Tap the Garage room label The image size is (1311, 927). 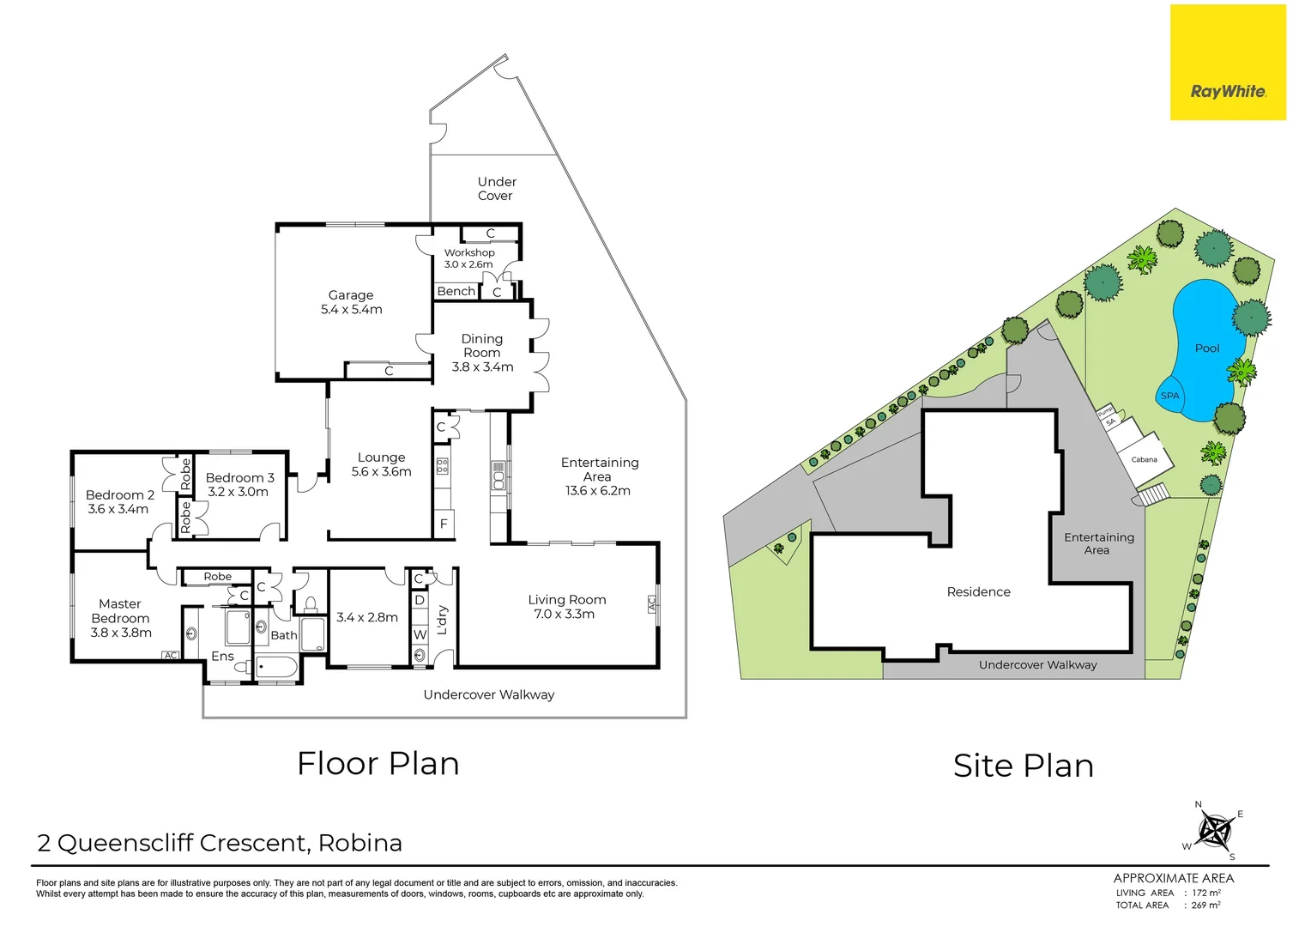351,302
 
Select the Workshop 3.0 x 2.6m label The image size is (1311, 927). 469,258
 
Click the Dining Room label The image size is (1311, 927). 482,353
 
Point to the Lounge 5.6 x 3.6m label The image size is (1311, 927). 381,464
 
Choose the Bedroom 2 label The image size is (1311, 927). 119,502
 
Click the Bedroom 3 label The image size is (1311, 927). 239,485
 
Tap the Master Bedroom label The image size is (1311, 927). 120,618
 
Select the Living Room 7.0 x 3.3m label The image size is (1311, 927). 566,607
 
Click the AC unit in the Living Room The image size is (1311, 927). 652,604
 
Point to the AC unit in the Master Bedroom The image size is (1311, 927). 171,655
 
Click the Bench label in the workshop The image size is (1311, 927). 456,292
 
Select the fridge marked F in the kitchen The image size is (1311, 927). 444,524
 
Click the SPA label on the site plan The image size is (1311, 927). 1169,396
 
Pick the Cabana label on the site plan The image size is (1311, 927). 1144,460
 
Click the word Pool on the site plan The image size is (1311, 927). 1206,348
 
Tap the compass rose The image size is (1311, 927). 1214,831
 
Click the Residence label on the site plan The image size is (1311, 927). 978,592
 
